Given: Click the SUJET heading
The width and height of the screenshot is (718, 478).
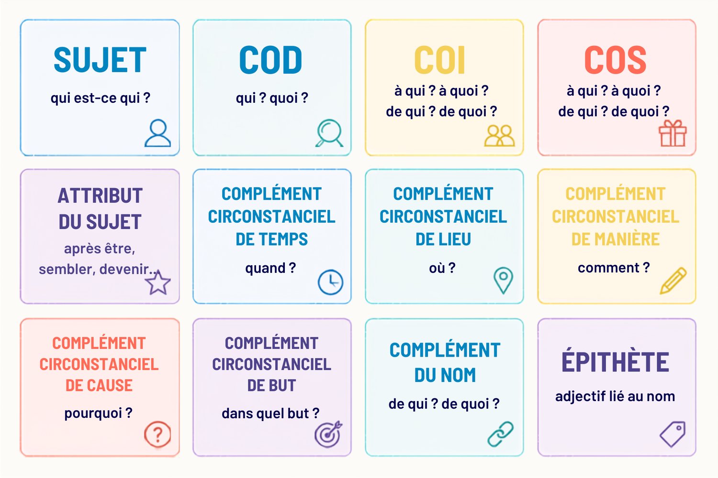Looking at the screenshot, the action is click(x=100, y=60).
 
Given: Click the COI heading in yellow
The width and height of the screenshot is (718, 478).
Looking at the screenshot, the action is click(x=439, y=60).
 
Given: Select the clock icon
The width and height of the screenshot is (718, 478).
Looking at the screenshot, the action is click(x=330, y=282).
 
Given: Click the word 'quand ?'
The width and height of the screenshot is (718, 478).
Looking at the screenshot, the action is click(x=270, y=268).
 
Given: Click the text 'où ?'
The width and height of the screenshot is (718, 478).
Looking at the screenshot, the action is click(x=442, y=268).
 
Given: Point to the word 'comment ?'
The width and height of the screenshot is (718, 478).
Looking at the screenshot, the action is click(x=614, y=268).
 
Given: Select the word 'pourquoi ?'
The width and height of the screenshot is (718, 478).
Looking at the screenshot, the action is click(x=99, y=413).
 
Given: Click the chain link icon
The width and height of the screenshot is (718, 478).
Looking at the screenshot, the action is click(x=500, y=434).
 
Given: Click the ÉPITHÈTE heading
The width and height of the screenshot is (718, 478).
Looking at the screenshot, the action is click(x=615, y=360).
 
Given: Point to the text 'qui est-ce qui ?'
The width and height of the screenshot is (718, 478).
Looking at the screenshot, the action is click(x=101, y=98).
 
